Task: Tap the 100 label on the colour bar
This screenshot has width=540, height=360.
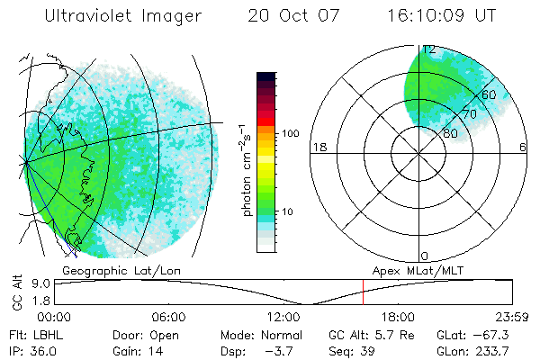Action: (289, 133)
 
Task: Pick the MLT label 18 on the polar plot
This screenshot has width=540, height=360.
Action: (318, 147)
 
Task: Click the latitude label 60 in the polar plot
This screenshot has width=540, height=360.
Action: (490, 94)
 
